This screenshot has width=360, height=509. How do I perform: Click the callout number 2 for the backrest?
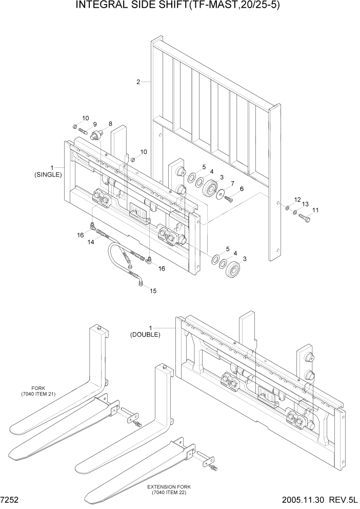pyautogui.click(x=138, y=82)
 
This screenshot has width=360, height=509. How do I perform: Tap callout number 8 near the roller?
pyautogui.click(x=109, y=124)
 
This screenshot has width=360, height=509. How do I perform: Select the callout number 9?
pyautogui.click(x=94, y=124)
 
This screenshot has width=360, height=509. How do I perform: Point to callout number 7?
pyautogui.click(x=232, y=183)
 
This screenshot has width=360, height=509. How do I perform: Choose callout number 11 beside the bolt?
pyautogui.click(x=315, y=210)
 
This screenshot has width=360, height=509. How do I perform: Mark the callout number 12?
pyautogui.click(x=297, y=199)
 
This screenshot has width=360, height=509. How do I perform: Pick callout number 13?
pyautogui.click(x=306, y=204)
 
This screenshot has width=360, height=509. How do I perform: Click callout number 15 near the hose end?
pyautogui.click(x=153, y=291)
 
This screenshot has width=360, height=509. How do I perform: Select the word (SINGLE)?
pyautogui.click(x=48, y=174)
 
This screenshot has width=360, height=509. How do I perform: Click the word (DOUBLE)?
pyautogui.click(x=145, y=335)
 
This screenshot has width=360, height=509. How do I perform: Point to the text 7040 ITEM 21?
pyautogui.click(x=39, y=394)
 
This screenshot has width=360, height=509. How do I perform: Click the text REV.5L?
pyautogui.click(x=343, y=500)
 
